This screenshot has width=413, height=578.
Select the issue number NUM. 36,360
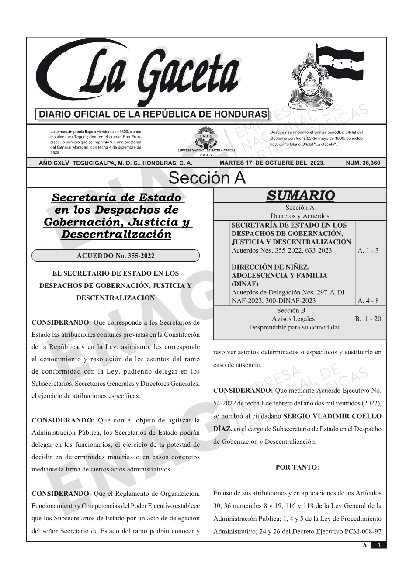click(x=363, y=163)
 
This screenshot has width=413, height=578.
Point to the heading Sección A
click(x=207, y=178)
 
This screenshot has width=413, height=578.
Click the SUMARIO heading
click(x=300, y=196)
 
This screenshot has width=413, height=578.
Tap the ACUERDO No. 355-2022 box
click(x=115, y=256)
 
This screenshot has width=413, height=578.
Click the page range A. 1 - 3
click(x=368, y=250)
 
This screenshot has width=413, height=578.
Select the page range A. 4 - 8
click(x=368, y=301)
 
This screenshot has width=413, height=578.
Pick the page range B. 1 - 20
click(x=368, y=319)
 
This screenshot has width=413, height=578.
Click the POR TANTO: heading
click(x=297, y=467)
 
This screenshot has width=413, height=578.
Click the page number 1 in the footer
click(x=379, y=545)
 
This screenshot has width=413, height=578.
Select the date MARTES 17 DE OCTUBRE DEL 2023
click(x=272, y=163)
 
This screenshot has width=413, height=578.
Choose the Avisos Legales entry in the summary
click(x=293, y=319)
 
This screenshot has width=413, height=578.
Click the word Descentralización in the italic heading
click(x=116, y=235)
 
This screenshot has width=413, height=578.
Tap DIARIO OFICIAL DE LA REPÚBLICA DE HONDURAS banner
click(x=153, y=114)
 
